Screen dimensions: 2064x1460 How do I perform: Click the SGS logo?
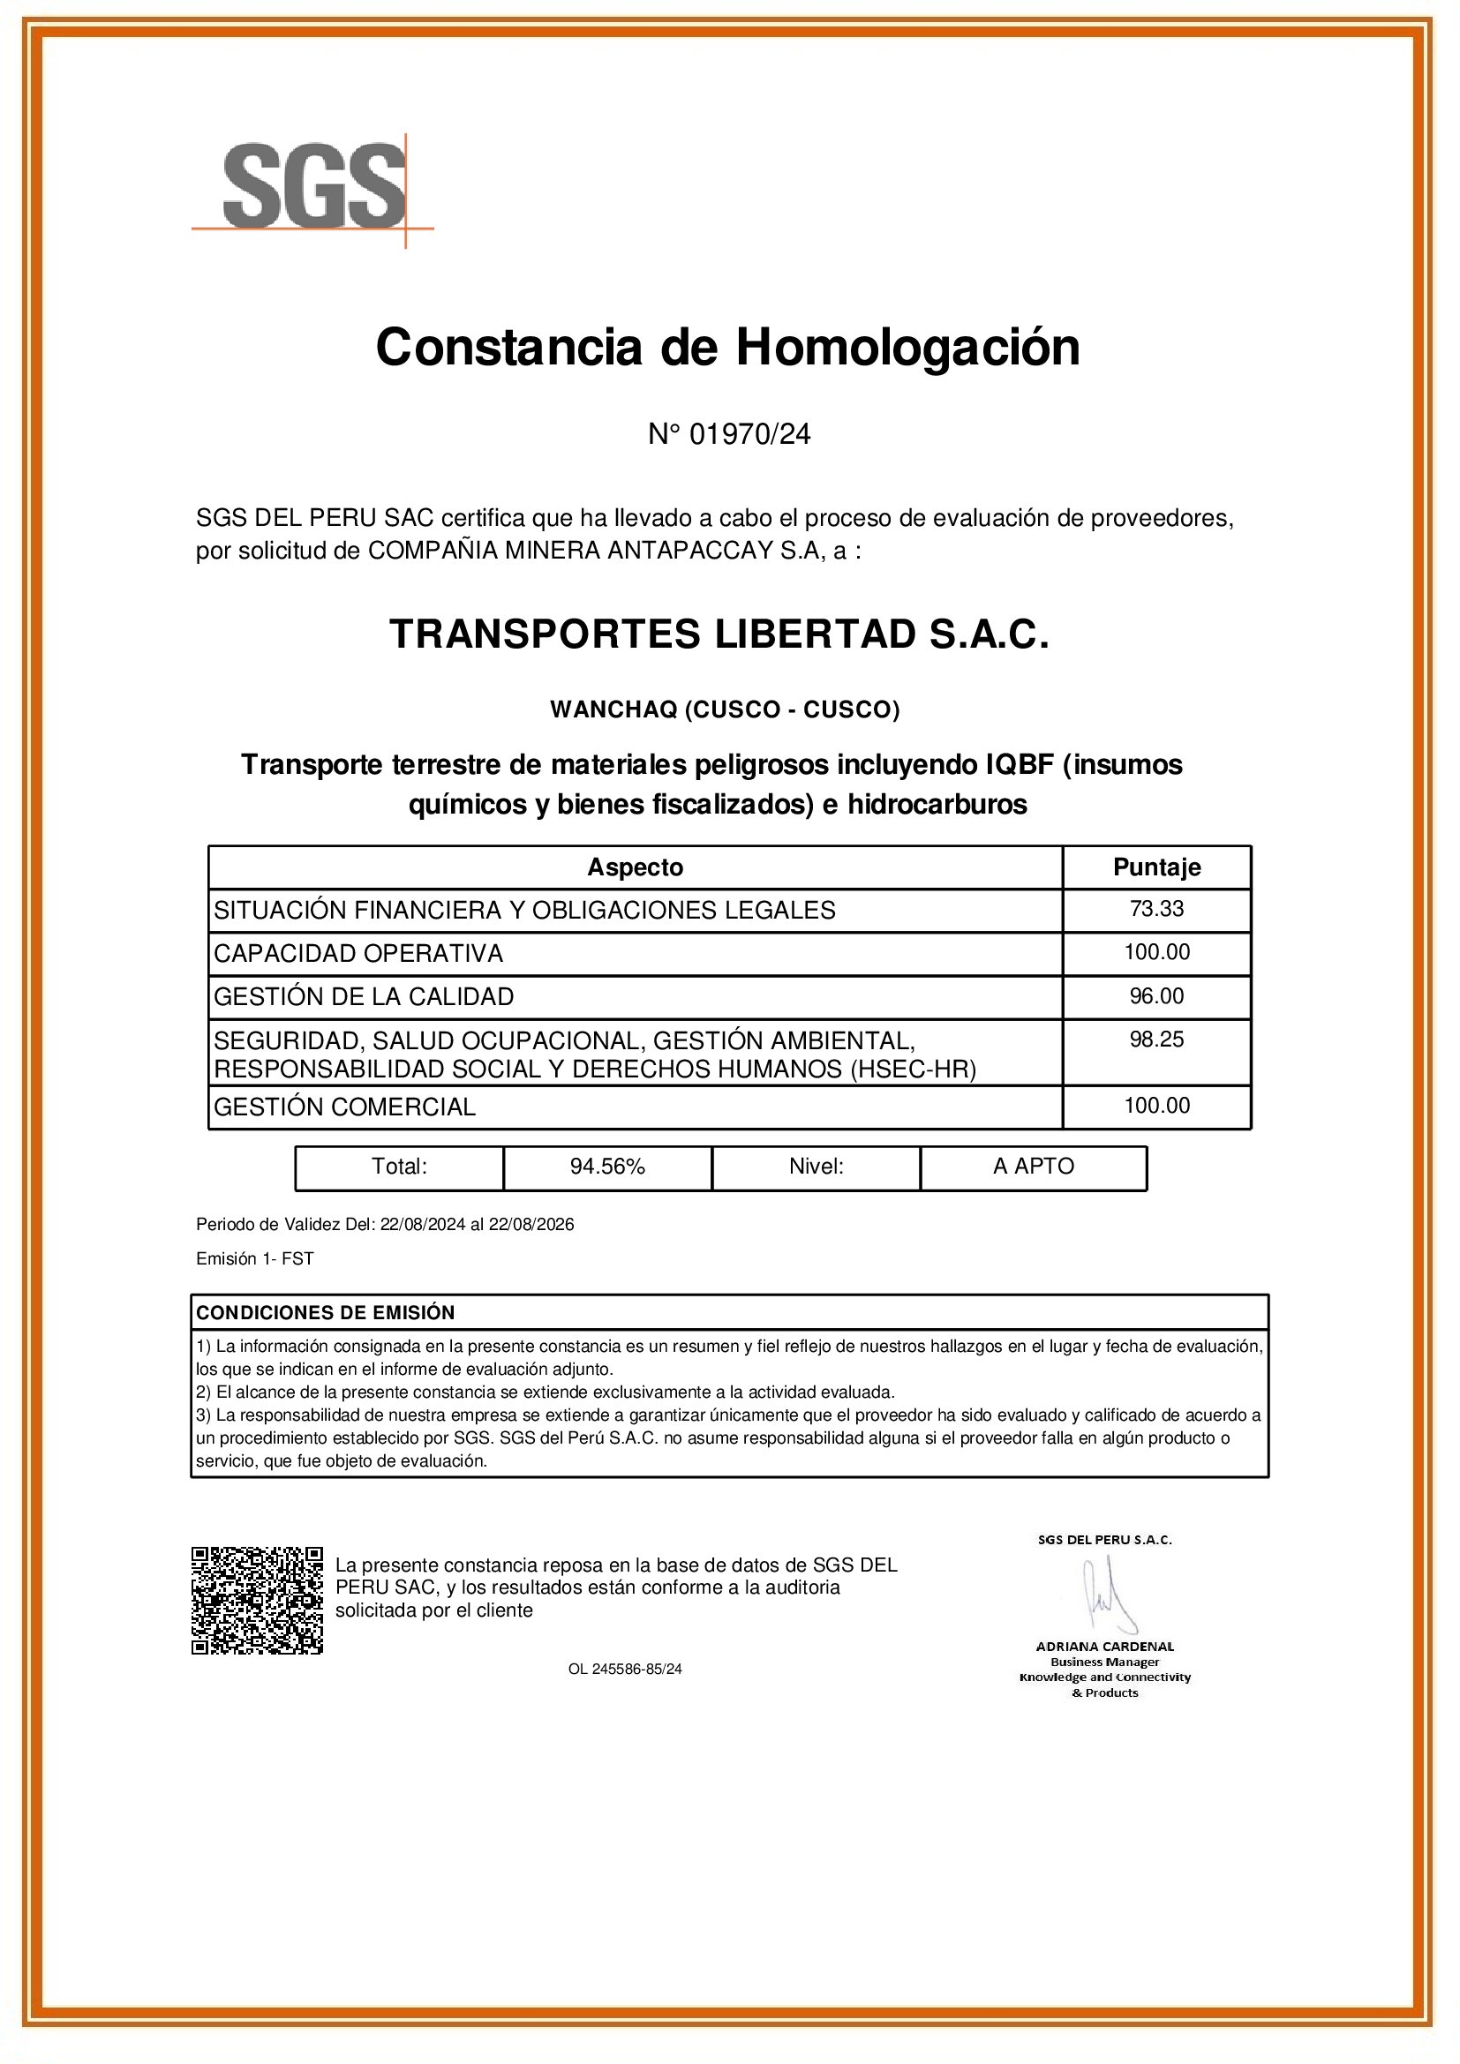pyautogui.click(x=313, y=186)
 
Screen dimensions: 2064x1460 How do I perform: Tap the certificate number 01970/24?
pyautogui.click(x=749, y=434)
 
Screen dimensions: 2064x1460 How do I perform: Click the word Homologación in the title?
pyautogui.click(x=907, y=347)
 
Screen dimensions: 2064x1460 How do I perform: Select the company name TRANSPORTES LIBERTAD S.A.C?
pyautogui.click(x=719, y=634)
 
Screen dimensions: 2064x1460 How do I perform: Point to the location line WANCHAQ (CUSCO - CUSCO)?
pyautogui.click(x=725, y=709)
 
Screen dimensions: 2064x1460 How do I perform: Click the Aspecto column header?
pyautogui.click(x=635, y=867)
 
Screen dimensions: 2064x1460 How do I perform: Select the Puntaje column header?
pyautogui.click(x=1156, y=867)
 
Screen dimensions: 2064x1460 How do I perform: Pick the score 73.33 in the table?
pyautogui.click(x=1156, y=909)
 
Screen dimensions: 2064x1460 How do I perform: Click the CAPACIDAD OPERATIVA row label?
pyautogui.click(x=357, y=953)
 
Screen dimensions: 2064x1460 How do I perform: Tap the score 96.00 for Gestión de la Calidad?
pyautogui.click(x=1156, y=996)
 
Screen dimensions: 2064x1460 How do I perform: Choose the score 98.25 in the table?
pyautogui.click(x=1156, y=1040)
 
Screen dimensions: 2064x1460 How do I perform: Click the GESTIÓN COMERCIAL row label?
pyautogui.click(x=344, y=1107)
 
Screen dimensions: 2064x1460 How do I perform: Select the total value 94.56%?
pyautogui.click(x=606, y=1167)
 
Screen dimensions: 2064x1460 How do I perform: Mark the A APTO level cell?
pyautogui.click(x=1033, y=1167)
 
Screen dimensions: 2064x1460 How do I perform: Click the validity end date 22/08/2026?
pyautogui.click(x=531, y=1225)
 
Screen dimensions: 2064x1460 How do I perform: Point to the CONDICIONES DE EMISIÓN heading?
pyautogui.click(x=326, y=1312)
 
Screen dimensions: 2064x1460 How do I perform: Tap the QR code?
pyautogui.click(x=257, y=1600)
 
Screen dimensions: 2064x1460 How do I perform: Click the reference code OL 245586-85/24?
pyautogui.click(x=625, y=1670)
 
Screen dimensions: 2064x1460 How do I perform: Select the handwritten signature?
pyautogui.click(x=1107, y=1596)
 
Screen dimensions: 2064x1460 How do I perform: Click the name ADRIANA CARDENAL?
pyautogui.click(x=1105, y=1647)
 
